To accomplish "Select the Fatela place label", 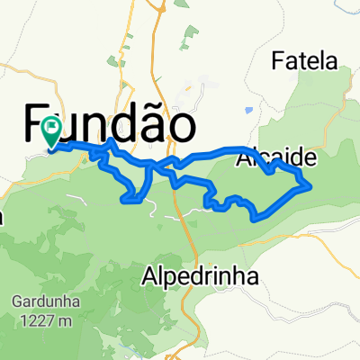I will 304,62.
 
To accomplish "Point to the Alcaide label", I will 277,159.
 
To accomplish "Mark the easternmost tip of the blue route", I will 311,185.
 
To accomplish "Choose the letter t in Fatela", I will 302,62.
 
